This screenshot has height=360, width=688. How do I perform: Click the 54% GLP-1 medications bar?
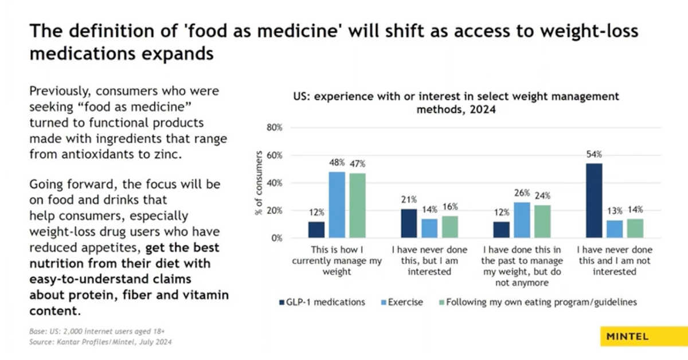594,201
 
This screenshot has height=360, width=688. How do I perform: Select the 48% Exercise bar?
336,205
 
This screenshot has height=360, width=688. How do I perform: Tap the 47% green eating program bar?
357,205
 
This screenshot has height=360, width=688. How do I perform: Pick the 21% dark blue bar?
409,224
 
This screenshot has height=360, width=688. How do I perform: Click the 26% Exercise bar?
522,220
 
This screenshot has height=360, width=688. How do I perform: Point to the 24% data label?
542,195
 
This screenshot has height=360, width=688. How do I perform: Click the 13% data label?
614,210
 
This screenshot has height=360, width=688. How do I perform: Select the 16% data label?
449,206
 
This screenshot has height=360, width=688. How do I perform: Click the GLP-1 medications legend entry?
322,302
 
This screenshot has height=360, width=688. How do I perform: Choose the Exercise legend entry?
404,302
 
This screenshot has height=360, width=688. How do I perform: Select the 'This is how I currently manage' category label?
337,261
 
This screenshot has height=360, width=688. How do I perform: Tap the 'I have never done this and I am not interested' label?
614,261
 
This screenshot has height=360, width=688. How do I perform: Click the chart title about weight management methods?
456,103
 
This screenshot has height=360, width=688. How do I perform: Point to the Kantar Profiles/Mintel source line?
100,342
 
